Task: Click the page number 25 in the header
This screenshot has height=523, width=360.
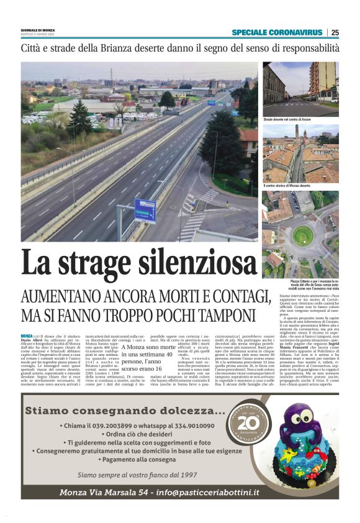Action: click(x=335, y=32)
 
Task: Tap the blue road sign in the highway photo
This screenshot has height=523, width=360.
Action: click(x=145, y=210)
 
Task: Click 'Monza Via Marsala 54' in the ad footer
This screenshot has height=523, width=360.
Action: click(x=103, y=493)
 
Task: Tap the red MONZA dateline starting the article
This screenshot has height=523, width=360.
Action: click(x=27, y=336)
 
